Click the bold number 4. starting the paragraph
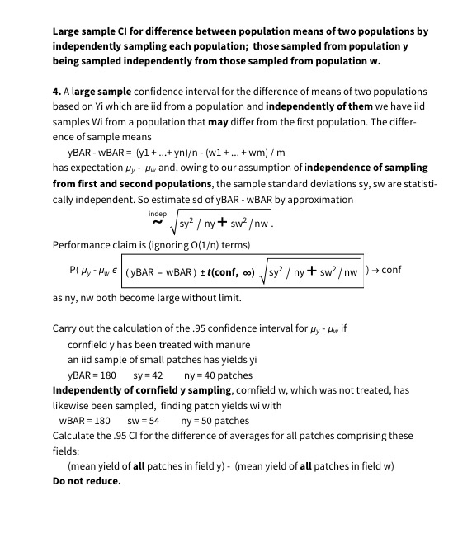point(57,92)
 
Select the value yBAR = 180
point(92,375)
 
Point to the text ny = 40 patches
point(218,375)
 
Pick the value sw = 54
point(144,420)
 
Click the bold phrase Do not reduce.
point(86,481)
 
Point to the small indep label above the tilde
point(155,212)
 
